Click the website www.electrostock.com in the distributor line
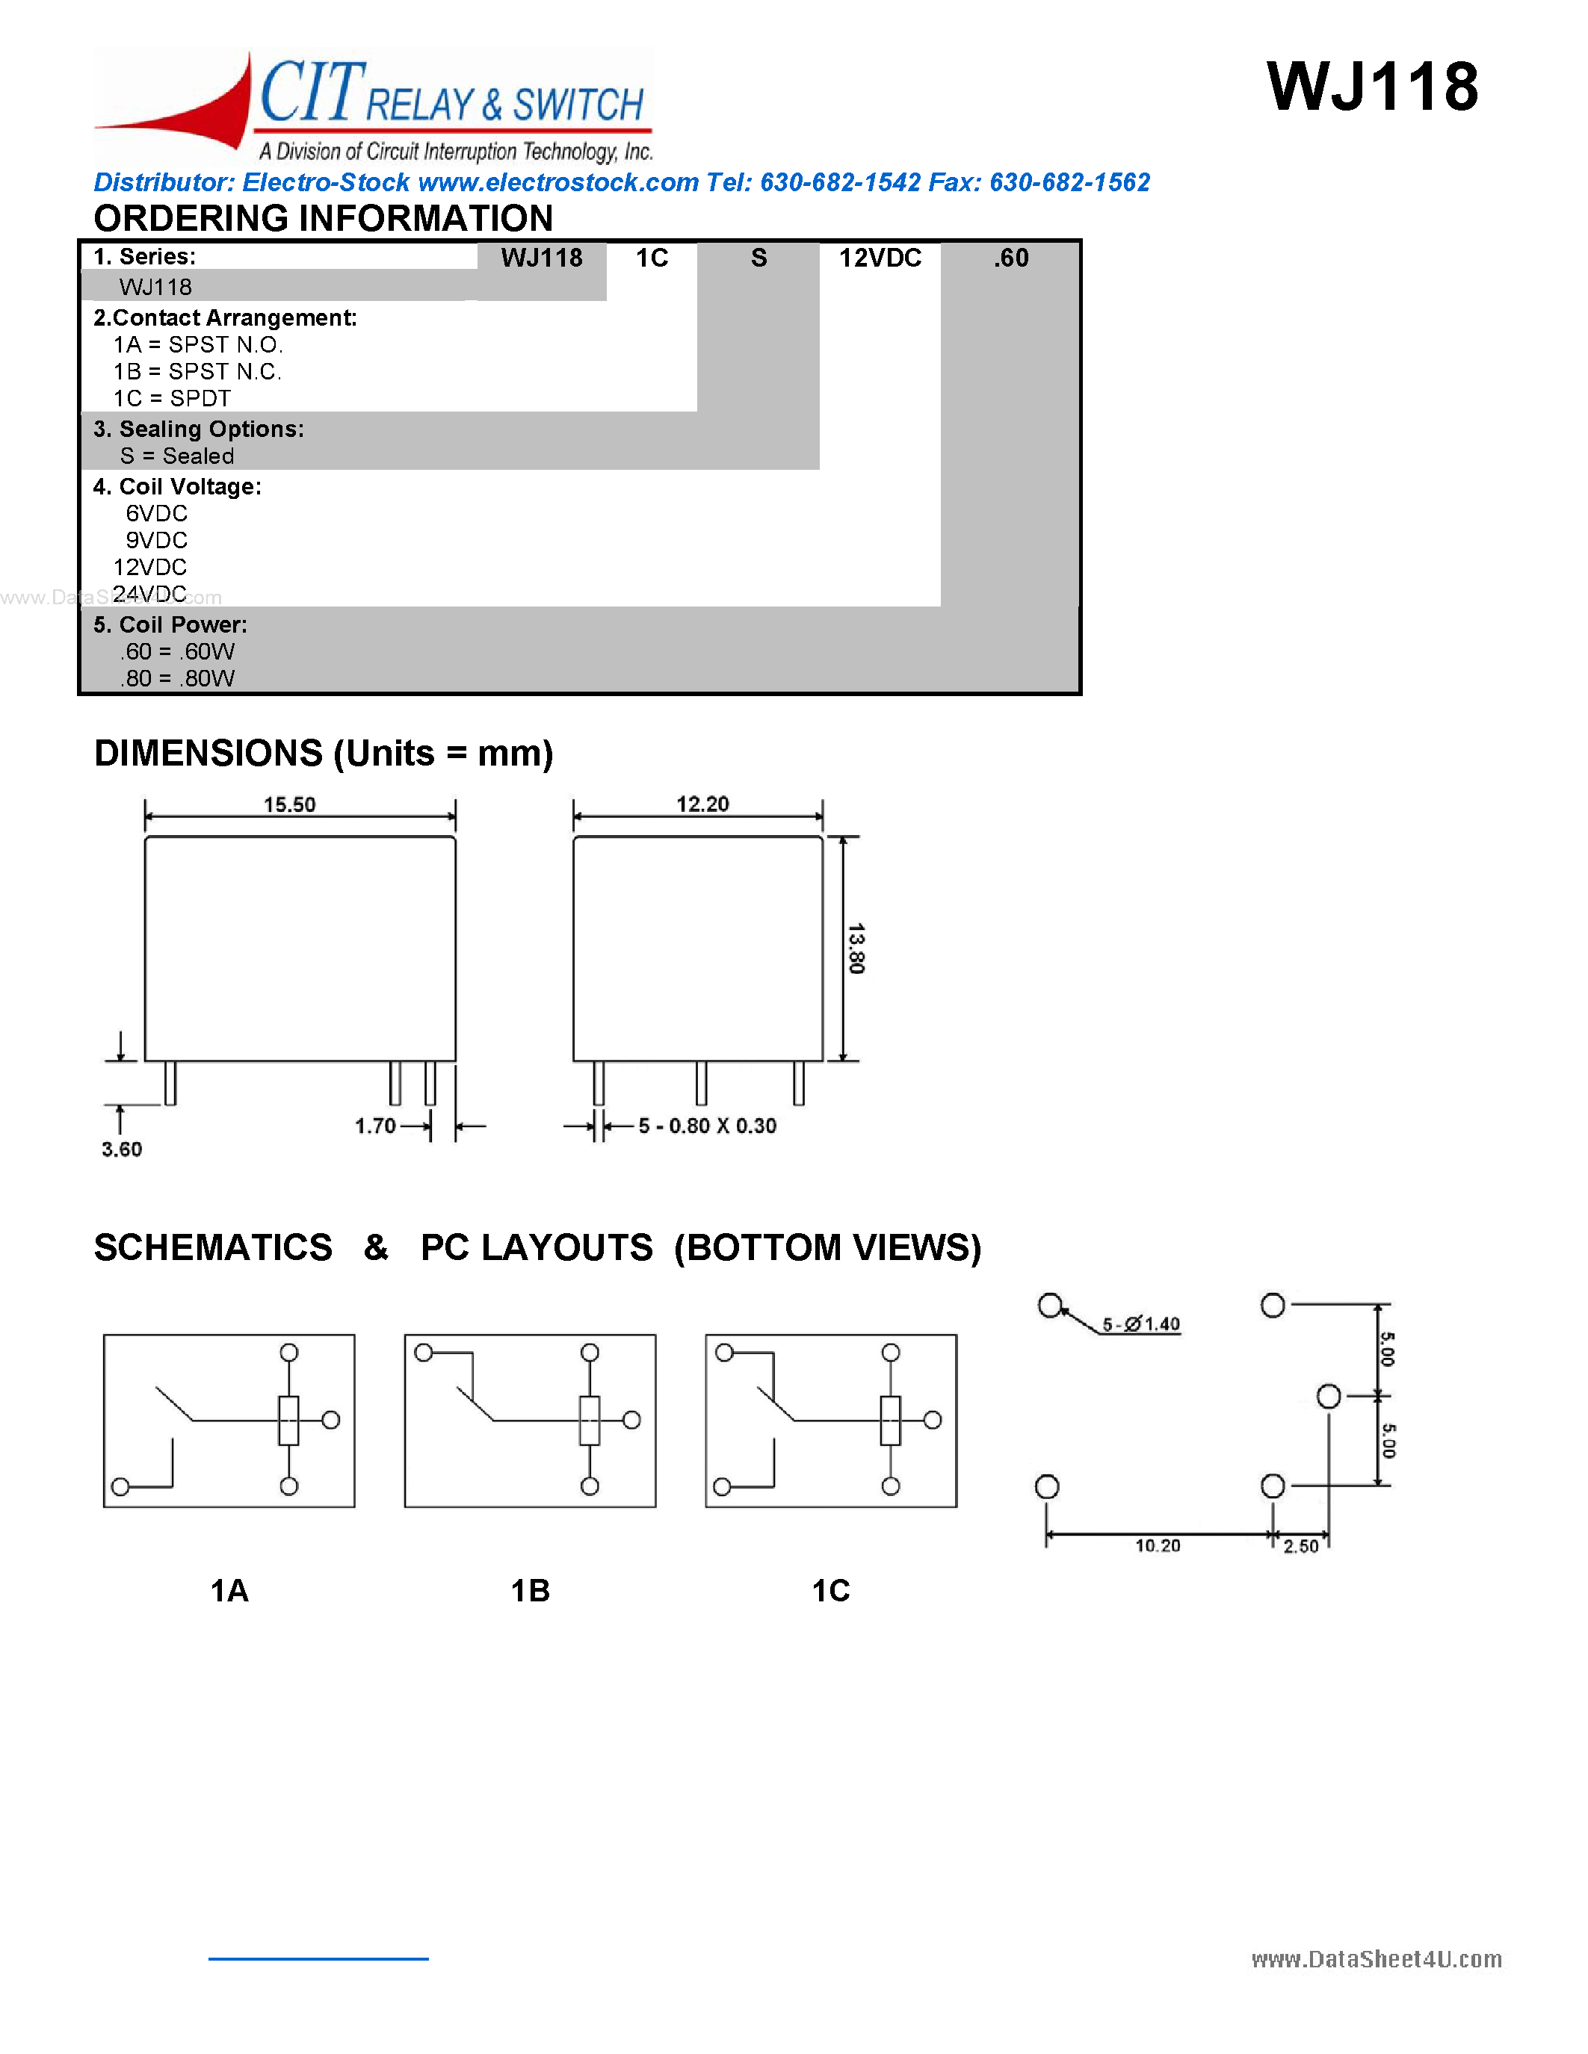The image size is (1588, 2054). [x=558, y=182]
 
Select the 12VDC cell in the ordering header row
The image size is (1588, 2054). [x=880, y=258]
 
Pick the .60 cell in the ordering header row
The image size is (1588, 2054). [x=1010, y=258]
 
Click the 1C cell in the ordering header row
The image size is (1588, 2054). [x=651, y=258]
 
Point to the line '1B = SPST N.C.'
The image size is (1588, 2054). [x=197, y=371]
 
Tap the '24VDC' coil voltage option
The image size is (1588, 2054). [x=150, y=594]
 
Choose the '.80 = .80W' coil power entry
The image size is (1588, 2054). [x=177, y=678]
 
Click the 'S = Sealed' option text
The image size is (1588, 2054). [x=177, y=456]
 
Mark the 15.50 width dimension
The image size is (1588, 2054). [x=290, y=804]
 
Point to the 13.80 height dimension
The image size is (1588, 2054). [x=855, y=948]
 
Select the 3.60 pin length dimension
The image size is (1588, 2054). [x=121, y=1149]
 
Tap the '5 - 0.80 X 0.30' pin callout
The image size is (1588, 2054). [x=708, y=1126]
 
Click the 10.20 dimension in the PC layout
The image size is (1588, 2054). [x=1157, y=1545]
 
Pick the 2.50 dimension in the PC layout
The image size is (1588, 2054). [x=1301, y=1546]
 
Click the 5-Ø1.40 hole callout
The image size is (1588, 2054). [x=1141, y=1324]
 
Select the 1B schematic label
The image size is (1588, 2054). [x=530, y=1590]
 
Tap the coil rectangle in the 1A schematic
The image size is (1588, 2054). [x=288, y=1420]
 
